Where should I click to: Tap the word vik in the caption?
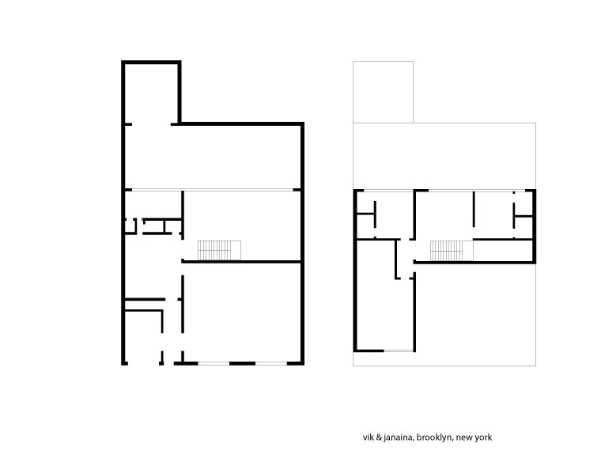click(368, 438)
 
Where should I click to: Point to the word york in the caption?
click(483, 438)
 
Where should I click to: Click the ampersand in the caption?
click(377, 438)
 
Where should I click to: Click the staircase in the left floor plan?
click(219, 250)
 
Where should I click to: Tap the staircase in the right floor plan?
click(447, 251)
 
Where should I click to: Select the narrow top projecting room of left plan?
click(151, 93)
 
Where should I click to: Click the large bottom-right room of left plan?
click(242, 313)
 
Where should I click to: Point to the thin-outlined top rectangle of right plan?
click(383, 92)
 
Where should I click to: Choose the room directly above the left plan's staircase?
click(241, 214)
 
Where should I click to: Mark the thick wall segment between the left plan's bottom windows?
click(242, 363)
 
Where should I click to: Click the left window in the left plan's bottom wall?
click(214, 363)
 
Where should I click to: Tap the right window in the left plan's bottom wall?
click(271, 363)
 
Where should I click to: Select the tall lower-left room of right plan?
click(384, 295)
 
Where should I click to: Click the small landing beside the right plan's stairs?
click(468, 251)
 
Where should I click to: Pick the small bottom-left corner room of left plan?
click(142, 336)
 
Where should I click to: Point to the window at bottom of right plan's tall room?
click(399, 351)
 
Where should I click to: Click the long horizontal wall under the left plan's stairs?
click(241, 262)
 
